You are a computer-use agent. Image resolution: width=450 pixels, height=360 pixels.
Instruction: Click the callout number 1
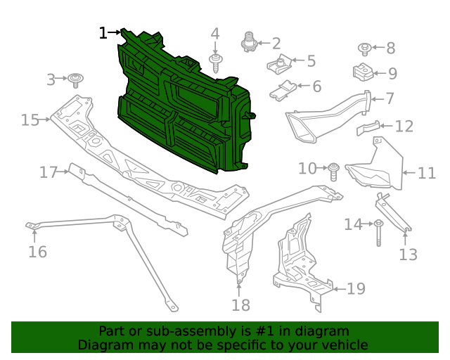[x=103, y=32]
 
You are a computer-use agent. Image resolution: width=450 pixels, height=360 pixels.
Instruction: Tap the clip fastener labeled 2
[x=248, y=42]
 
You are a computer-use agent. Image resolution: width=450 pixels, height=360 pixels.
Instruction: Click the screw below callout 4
[x=215, y=62]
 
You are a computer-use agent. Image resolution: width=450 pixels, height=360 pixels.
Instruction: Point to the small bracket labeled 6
[x=283, y=89]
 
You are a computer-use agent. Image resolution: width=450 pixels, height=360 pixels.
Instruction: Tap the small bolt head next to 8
[x=365, y=49]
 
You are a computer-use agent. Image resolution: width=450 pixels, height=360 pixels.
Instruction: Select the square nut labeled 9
[x=362, y=72]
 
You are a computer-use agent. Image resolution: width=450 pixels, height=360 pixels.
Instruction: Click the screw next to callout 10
[x=335, y=169]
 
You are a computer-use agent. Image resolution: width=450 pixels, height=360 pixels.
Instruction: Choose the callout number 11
[x=427, y=173]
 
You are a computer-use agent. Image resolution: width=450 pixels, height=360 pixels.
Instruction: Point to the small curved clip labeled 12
[x=368, y=128]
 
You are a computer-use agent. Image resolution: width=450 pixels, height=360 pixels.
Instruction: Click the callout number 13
[x=408, y=255]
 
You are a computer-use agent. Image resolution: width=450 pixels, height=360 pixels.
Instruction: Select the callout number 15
[x=30, y=120]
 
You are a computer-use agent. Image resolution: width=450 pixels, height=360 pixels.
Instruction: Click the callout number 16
[x=37, y=251]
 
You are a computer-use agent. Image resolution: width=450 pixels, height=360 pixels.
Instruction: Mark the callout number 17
[x=48, y=172]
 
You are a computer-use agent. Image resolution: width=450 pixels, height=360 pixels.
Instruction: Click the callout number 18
[x=240, y=304]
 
